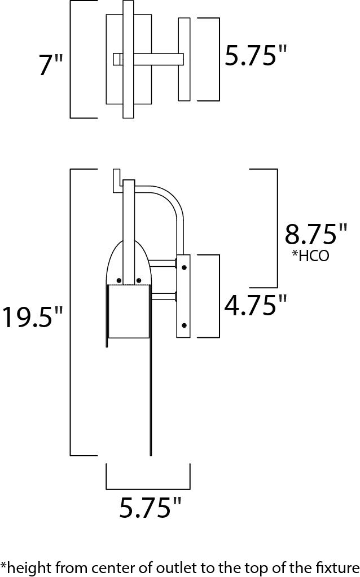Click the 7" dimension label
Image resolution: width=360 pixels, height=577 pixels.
tap(51, 65)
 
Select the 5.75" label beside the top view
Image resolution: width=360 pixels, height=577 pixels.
tap(256, 56)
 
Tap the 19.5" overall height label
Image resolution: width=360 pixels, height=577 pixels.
tap(32, 317)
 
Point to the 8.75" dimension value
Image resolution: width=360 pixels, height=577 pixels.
tap(315, 234)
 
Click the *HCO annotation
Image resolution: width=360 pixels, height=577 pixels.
tap(310, 256)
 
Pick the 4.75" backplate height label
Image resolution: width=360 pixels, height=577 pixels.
tap(256, 306)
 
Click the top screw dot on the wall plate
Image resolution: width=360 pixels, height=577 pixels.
tap(184, 267)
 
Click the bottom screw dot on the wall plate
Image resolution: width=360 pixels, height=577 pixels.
tap(184, 325)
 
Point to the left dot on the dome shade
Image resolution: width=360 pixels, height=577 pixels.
tap(118, 280)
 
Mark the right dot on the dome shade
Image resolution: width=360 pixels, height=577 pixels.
tap(138, 280)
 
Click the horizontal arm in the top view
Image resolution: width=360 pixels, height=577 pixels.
tap(158, 59)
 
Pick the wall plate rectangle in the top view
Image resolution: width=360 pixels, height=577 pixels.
tap(184, 59)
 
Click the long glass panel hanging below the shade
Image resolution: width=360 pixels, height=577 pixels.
tap(150, 395)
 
